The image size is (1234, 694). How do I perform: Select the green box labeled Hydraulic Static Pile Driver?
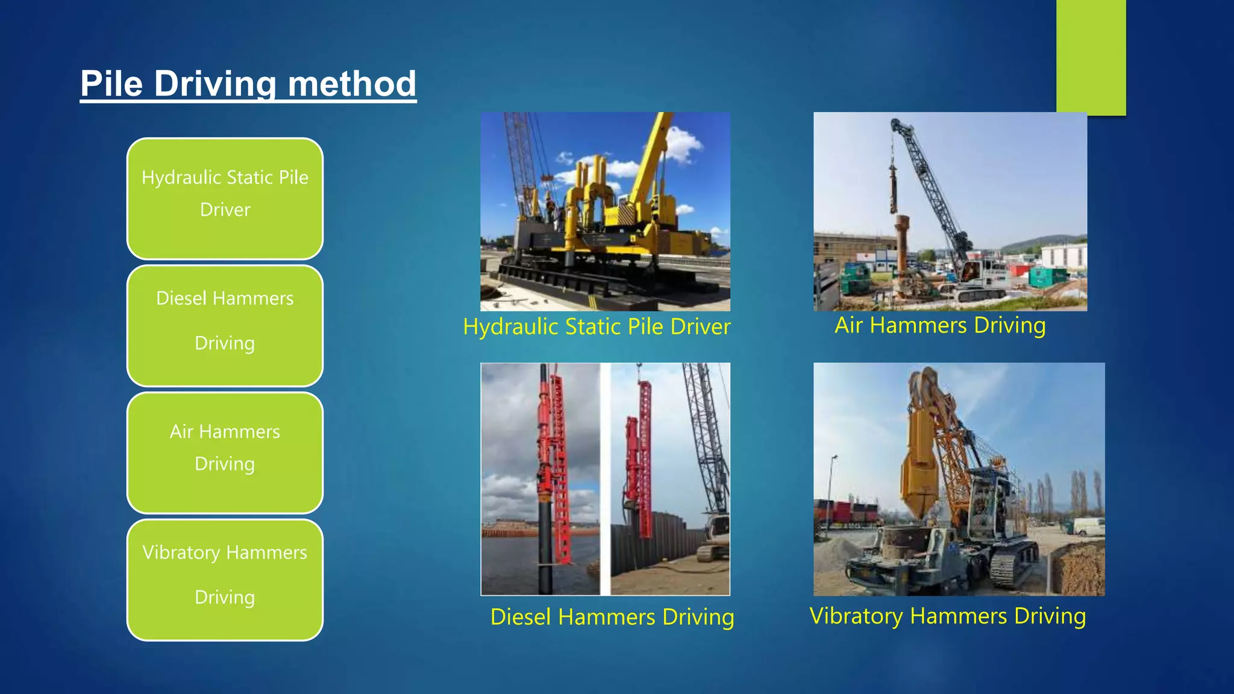pyautogui.click(x=225, y=199)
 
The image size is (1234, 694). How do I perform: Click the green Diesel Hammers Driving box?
pyautogui.click(x=225, y=325)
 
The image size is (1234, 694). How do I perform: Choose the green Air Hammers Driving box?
pyautogui.click(x=225, y=452)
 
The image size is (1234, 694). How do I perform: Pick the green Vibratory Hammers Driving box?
pyautogui.click(x=225, y=580)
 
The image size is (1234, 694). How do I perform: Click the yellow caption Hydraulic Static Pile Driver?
pyautogui.click(x=597, y=327)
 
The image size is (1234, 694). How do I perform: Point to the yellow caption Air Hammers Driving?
pyautogui.click(x=940, y=325)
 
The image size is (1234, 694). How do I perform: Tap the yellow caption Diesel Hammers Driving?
pyautogui.click(x=612, y=617)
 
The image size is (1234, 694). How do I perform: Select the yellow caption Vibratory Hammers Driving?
pyautogui.click(x=948, y=616)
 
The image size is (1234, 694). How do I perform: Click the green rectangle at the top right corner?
pyautogui.click(x=1091, y=57)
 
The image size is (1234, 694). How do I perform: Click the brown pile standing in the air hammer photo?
pyautogui.click(x=901, y=253)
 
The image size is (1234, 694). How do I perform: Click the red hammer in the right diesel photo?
pyautogui.click(x=644, y=458)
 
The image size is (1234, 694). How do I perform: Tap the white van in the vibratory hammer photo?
pyautogui.click(x=1089, y=527)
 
